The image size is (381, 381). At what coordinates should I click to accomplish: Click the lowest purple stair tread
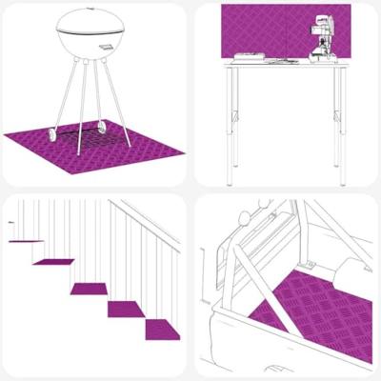pyautogui.click(x=162, y=330)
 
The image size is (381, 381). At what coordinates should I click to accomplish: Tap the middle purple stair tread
pyautogui.click(x=90, y=287)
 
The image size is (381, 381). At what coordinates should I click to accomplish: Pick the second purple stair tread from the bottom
pyautogui.click(x=126, y=309)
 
